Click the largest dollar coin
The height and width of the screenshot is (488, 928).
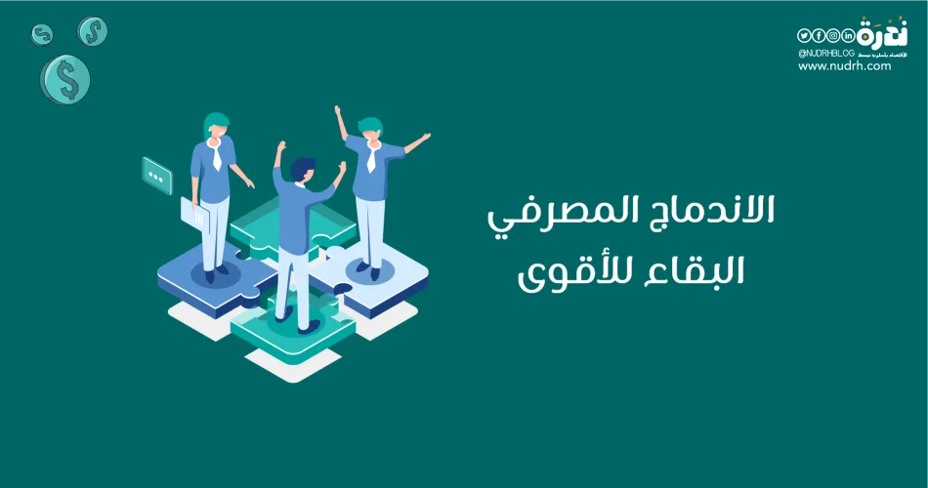65,79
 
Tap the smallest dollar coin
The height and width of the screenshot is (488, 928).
41,34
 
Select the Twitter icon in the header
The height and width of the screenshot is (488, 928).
805,35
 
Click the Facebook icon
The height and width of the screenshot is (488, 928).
819,35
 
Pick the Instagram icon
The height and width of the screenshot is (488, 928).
833,35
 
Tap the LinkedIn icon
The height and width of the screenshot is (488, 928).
848,35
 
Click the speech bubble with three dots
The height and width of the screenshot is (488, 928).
156,176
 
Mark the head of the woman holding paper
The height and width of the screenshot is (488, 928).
216,126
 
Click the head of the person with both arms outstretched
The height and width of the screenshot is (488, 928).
370,128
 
